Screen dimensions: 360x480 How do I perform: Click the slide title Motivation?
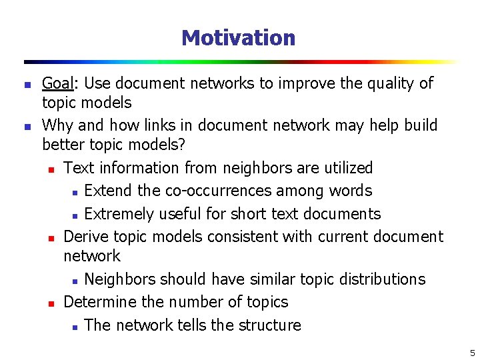(238, 38)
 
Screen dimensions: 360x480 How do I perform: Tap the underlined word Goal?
(58, 83)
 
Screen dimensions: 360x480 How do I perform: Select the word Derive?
(86, 237)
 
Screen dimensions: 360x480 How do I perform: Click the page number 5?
(472, 353)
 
